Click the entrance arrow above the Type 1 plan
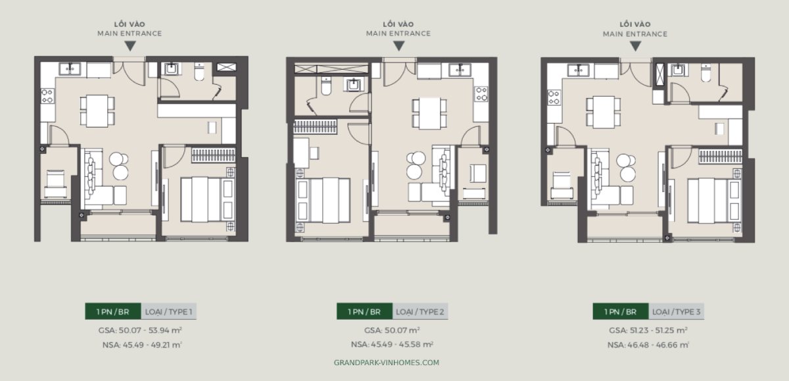pos(130,46)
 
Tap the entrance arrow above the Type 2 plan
pos(398,46)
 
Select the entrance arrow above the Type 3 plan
pos(635,46)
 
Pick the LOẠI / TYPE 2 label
pos(421,311)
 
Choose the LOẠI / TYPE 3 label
pos(677,311)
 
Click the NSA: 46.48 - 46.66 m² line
pos(648,344)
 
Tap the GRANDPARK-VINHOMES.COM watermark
pos(387,363)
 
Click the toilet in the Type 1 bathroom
pos(199,73)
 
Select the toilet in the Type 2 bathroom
pos(327,87)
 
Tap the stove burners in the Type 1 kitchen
pos(47,96)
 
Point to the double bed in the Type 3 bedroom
pos(708,199)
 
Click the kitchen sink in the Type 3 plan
pos(581,68)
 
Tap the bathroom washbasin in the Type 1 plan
pos(172,68)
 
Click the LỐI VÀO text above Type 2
pos(398,23)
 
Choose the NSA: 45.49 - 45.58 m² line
pos(392,344)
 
